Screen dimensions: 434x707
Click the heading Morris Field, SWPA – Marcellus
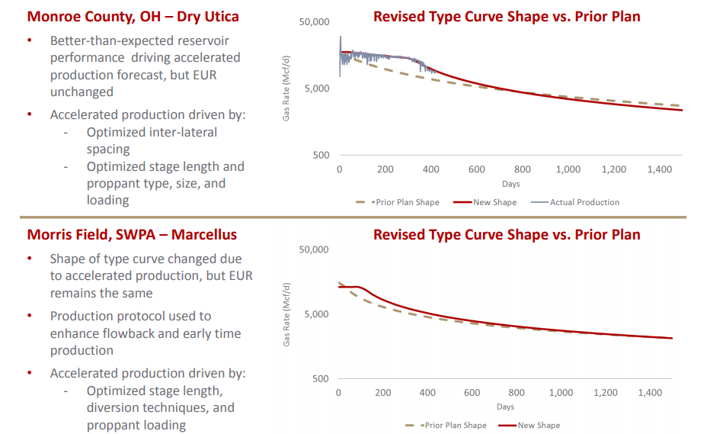[x=132, y=234]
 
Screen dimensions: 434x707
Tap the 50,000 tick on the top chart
[x=314, y=22]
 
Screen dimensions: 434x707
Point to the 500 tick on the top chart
[x=320, y=156]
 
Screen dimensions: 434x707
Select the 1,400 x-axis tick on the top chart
[x=660, y=169]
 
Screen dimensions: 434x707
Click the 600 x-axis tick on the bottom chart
[x=472, y=393]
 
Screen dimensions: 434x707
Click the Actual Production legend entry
[x=584, y=202]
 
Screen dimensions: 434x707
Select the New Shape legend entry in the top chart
[x=494, y=202]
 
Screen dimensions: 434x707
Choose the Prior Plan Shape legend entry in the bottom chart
[x=455, y=426]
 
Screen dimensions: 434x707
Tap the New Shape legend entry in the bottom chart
[x=538, y=426]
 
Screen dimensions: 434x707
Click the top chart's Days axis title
[x=510, y=184]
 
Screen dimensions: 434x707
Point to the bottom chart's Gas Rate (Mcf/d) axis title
[x=287, y=314]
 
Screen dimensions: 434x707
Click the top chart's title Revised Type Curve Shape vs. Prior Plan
[x=507, y=16]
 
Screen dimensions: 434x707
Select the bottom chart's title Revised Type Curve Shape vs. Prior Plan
[x=507, y=234]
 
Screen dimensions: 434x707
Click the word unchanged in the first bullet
[x=82, y=92]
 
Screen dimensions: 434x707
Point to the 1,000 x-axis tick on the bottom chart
[x=561, y=393]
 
